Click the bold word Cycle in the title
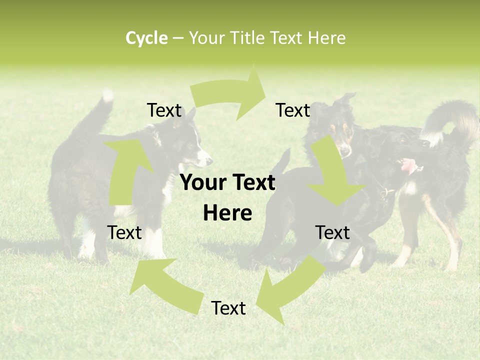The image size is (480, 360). click(x=146, y=38)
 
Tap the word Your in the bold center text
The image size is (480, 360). click(x=202, y=183)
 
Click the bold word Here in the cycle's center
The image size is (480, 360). click(x=227, y=213)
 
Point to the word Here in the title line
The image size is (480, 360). click(x=325, y=38)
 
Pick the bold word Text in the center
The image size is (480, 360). click(x=251, y=183)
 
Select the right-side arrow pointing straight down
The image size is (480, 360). click(x=333, y=175)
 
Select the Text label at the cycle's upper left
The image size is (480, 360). click(x=164, y=110)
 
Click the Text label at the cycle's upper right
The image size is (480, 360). click(x=293, y=110)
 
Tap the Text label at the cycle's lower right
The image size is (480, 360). click(x=332, y=232)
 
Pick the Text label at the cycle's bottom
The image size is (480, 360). click(x=228, y=308)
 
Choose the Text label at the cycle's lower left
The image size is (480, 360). click(x=124, y=232)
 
